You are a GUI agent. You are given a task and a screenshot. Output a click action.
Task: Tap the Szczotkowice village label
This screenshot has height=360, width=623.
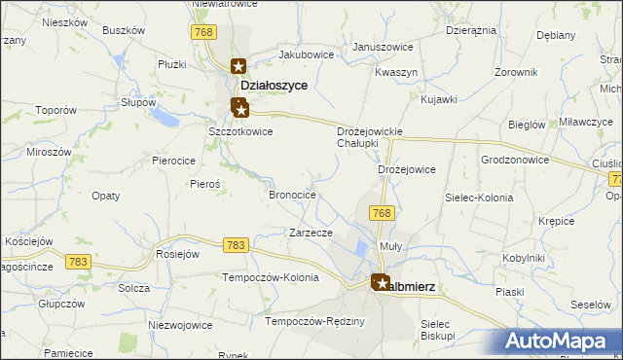pyautogui.click(x=240, y=131)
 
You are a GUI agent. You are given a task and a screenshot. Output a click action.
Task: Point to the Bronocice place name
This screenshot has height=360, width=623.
pyautogui.click(x=292, y=195)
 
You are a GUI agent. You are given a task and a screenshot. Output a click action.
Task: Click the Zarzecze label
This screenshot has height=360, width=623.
pyautogui.click(x=311, y=233)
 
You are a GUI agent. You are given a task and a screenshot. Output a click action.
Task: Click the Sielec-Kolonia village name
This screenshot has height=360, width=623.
pyautogui.click(x=478, y=198)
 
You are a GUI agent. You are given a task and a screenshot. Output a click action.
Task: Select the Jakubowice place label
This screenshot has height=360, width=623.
pyautogui.click(x=306, y=54)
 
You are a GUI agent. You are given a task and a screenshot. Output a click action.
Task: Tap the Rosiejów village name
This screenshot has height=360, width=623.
pyautogui.click(x=177, y=254)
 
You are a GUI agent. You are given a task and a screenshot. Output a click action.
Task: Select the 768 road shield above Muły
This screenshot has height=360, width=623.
pyautogui.click(x=381, y=213)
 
